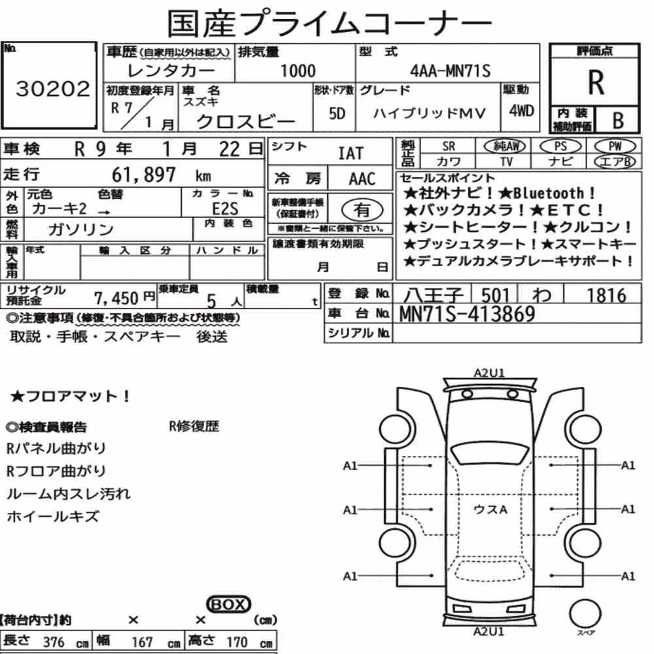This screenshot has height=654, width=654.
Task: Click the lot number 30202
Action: coord(52,89)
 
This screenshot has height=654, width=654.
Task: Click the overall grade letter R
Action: coord(596,82)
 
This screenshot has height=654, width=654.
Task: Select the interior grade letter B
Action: coord(618,120)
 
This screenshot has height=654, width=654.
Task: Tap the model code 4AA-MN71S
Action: coord(450,71)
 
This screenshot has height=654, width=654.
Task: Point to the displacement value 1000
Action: coord(298,71)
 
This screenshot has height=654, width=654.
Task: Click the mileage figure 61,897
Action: coord(144,175)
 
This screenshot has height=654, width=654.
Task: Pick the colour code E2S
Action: coord(225,209)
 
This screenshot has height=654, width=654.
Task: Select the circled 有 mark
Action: coord(362,210)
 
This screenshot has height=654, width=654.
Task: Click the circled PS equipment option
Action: coord(560,146)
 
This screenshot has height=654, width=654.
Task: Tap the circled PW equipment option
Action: coord(615,146)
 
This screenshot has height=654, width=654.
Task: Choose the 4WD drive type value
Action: coord(521,111)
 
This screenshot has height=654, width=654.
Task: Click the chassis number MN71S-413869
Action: coord(467,314)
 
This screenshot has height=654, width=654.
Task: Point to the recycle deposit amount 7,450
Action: coord(116,298)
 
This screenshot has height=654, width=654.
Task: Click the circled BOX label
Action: coord(228,604)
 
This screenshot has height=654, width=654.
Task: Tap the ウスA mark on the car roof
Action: coord(490,509)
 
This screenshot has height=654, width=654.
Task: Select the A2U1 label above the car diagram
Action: coord(489,373)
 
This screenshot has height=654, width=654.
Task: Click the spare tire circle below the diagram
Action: coord(585,614)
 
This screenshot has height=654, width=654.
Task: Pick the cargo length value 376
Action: coord(54,642)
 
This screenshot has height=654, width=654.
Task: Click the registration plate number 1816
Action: coord(607,296)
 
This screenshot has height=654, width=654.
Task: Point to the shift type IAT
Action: coord(351,154)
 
